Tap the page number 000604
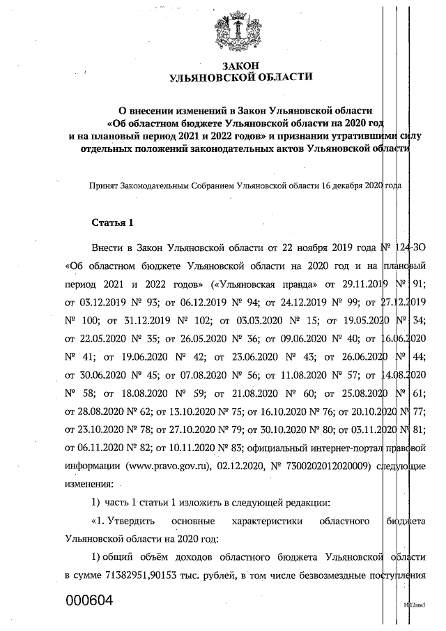(89, 601)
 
